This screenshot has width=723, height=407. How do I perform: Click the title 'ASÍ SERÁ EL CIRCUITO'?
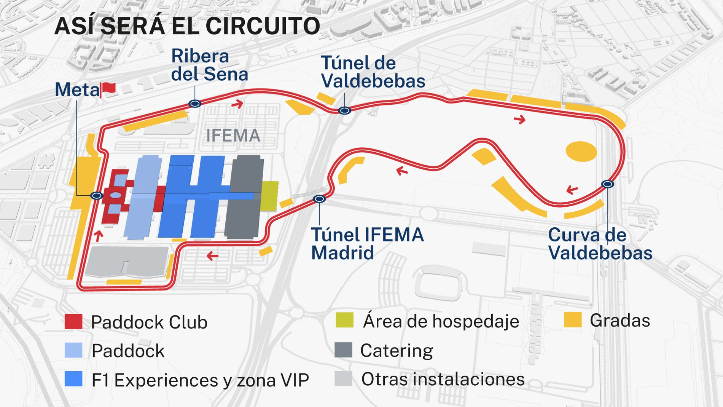187,26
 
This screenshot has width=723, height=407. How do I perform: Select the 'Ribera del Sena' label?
209,65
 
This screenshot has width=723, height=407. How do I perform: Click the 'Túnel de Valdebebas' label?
373,72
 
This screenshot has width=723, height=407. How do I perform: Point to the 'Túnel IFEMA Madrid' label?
367,244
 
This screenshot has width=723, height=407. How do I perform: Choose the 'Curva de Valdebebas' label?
600,244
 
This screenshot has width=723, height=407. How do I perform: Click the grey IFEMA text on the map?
233,136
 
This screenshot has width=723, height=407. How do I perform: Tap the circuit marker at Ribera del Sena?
195,104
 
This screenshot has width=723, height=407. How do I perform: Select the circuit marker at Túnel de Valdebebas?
345,110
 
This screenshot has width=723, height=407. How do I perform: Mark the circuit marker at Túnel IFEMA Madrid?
319,199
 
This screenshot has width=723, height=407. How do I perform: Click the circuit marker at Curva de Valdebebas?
608,184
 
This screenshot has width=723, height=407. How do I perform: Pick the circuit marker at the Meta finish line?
97,196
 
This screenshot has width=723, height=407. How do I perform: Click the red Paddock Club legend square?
73,322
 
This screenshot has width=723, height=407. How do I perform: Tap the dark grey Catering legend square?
343,350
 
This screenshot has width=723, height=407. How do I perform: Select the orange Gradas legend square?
573,320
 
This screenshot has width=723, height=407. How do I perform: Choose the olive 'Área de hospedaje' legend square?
345,320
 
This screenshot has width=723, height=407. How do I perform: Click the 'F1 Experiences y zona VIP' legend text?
200,380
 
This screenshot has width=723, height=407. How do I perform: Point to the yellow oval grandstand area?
581,151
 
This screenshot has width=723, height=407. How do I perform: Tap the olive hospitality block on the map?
269,196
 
